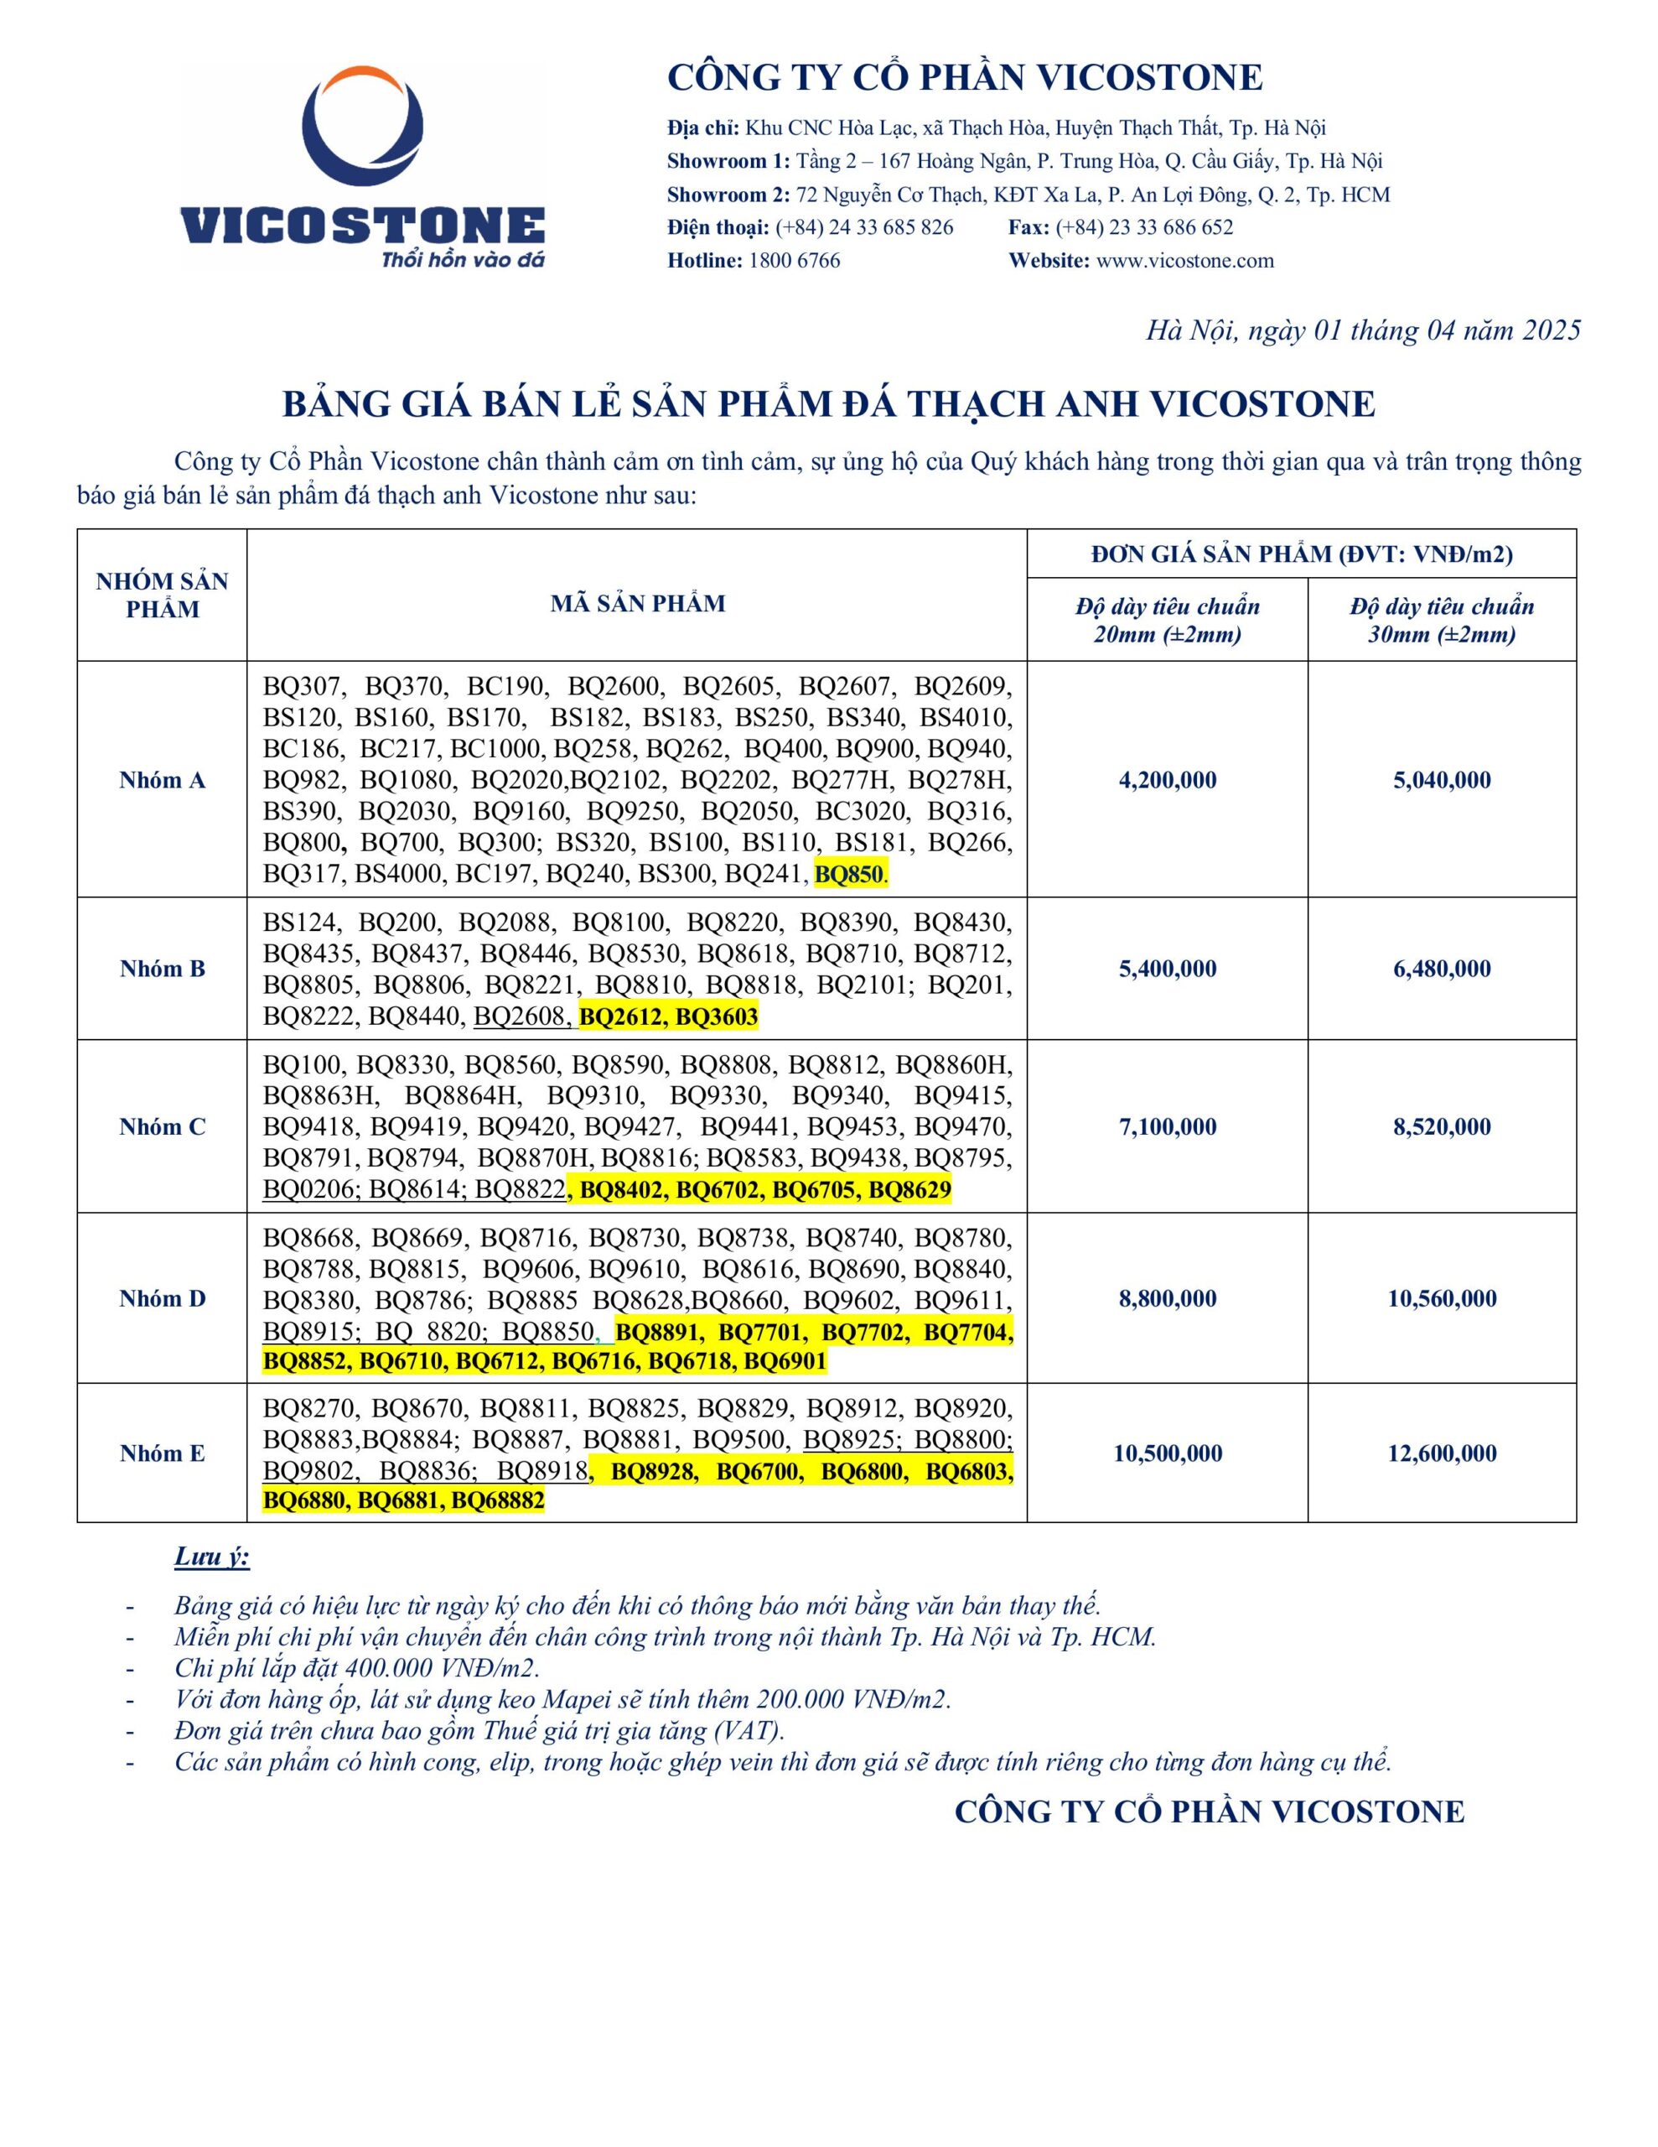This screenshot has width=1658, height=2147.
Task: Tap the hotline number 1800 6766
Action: [793, 261]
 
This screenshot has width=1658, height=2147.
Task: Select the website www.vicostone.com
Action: [1184, 261]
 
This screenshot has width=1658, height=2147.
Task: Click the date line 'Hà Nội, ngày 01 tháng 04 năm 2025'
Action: [1362, 330]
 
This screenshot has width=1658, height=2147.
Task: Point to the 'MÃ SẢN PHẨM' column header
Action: [637, 604]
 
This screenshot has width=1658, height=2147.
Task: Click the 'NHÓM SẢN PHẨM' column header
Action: [162, 595]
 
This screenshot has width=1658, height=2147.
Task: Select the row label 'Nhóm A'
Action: [162, 780]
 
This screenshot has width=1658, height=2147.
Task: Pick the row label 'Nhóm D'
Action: [162, 1297]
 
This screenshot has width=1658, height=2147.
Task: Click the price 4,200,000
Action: [1167, 780]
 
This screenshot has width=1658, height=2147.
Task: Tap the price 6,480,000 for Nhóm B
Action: [1441, 969]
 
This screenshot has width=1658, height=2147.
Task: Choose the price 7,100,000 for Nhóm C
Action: [1167, 1126]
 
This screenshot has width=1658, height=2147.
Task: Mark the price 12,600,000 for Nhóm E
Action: [1441, 1453]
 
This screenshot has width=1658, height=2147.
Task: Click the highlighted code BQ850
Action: [848, 873]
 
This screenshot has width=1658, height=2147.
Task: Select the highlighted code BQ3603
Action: [717, 1016]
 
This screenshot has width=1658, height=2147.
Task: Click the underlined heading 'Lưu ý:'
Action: [211, 1557]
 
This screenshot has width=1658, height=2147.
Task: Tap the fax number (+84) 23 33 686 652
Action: [1144, 227]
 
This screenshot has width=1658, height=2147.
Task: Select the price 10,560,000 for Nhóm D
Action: [1441, 1297]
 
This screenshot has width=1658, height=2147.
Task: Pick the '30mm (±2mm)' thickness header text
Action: [1441, 635]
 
